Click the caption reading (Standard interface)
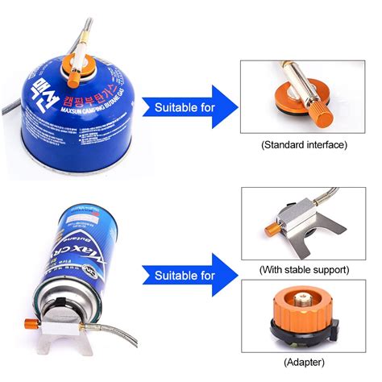pos(303,145)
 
